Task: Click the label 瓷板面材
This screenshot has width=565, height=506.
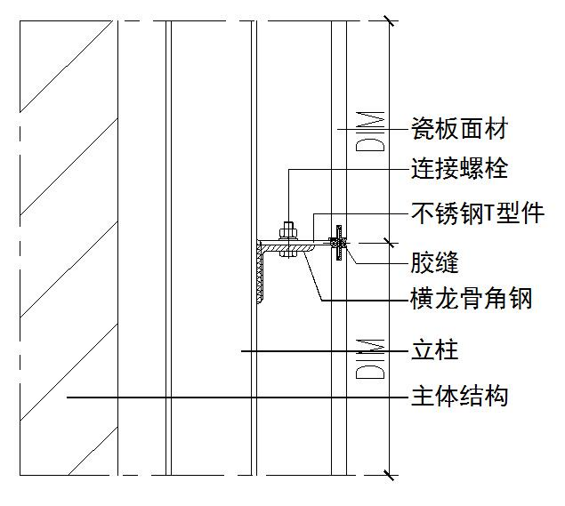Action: click(458, 130)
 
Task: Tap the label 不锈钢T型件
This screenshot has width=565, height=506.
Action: click(477, 213)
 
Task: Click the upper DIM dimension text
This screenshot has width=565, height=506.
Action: click(374, 131)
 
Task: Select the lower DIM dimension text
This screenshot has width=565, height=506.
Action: click(374, 357)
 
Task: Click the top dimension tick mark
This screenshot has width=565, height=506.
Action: click(386, 20)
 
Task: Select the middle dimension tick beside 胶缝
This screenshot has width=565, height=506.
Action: click(386, 241)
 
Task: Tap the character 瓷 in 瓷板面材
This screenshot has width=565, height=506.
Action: click(423, 130)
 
